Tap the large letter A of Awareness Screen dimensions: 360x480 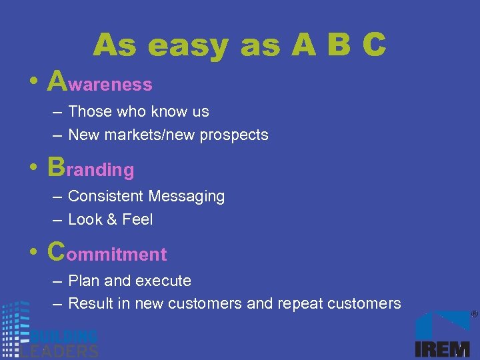[57, 81]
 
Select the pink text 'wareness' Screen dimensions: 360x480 [110, 85]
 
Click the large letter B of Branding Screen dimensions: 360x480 [57, 167]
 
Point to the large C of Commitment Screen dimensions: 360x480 [57, 251]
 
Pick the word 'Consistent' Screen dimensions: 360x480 [106, 196]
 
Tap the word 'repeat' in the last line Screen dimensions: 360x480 [299, 304]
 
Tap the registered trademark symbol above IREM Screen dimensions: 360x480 [474, 314]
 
